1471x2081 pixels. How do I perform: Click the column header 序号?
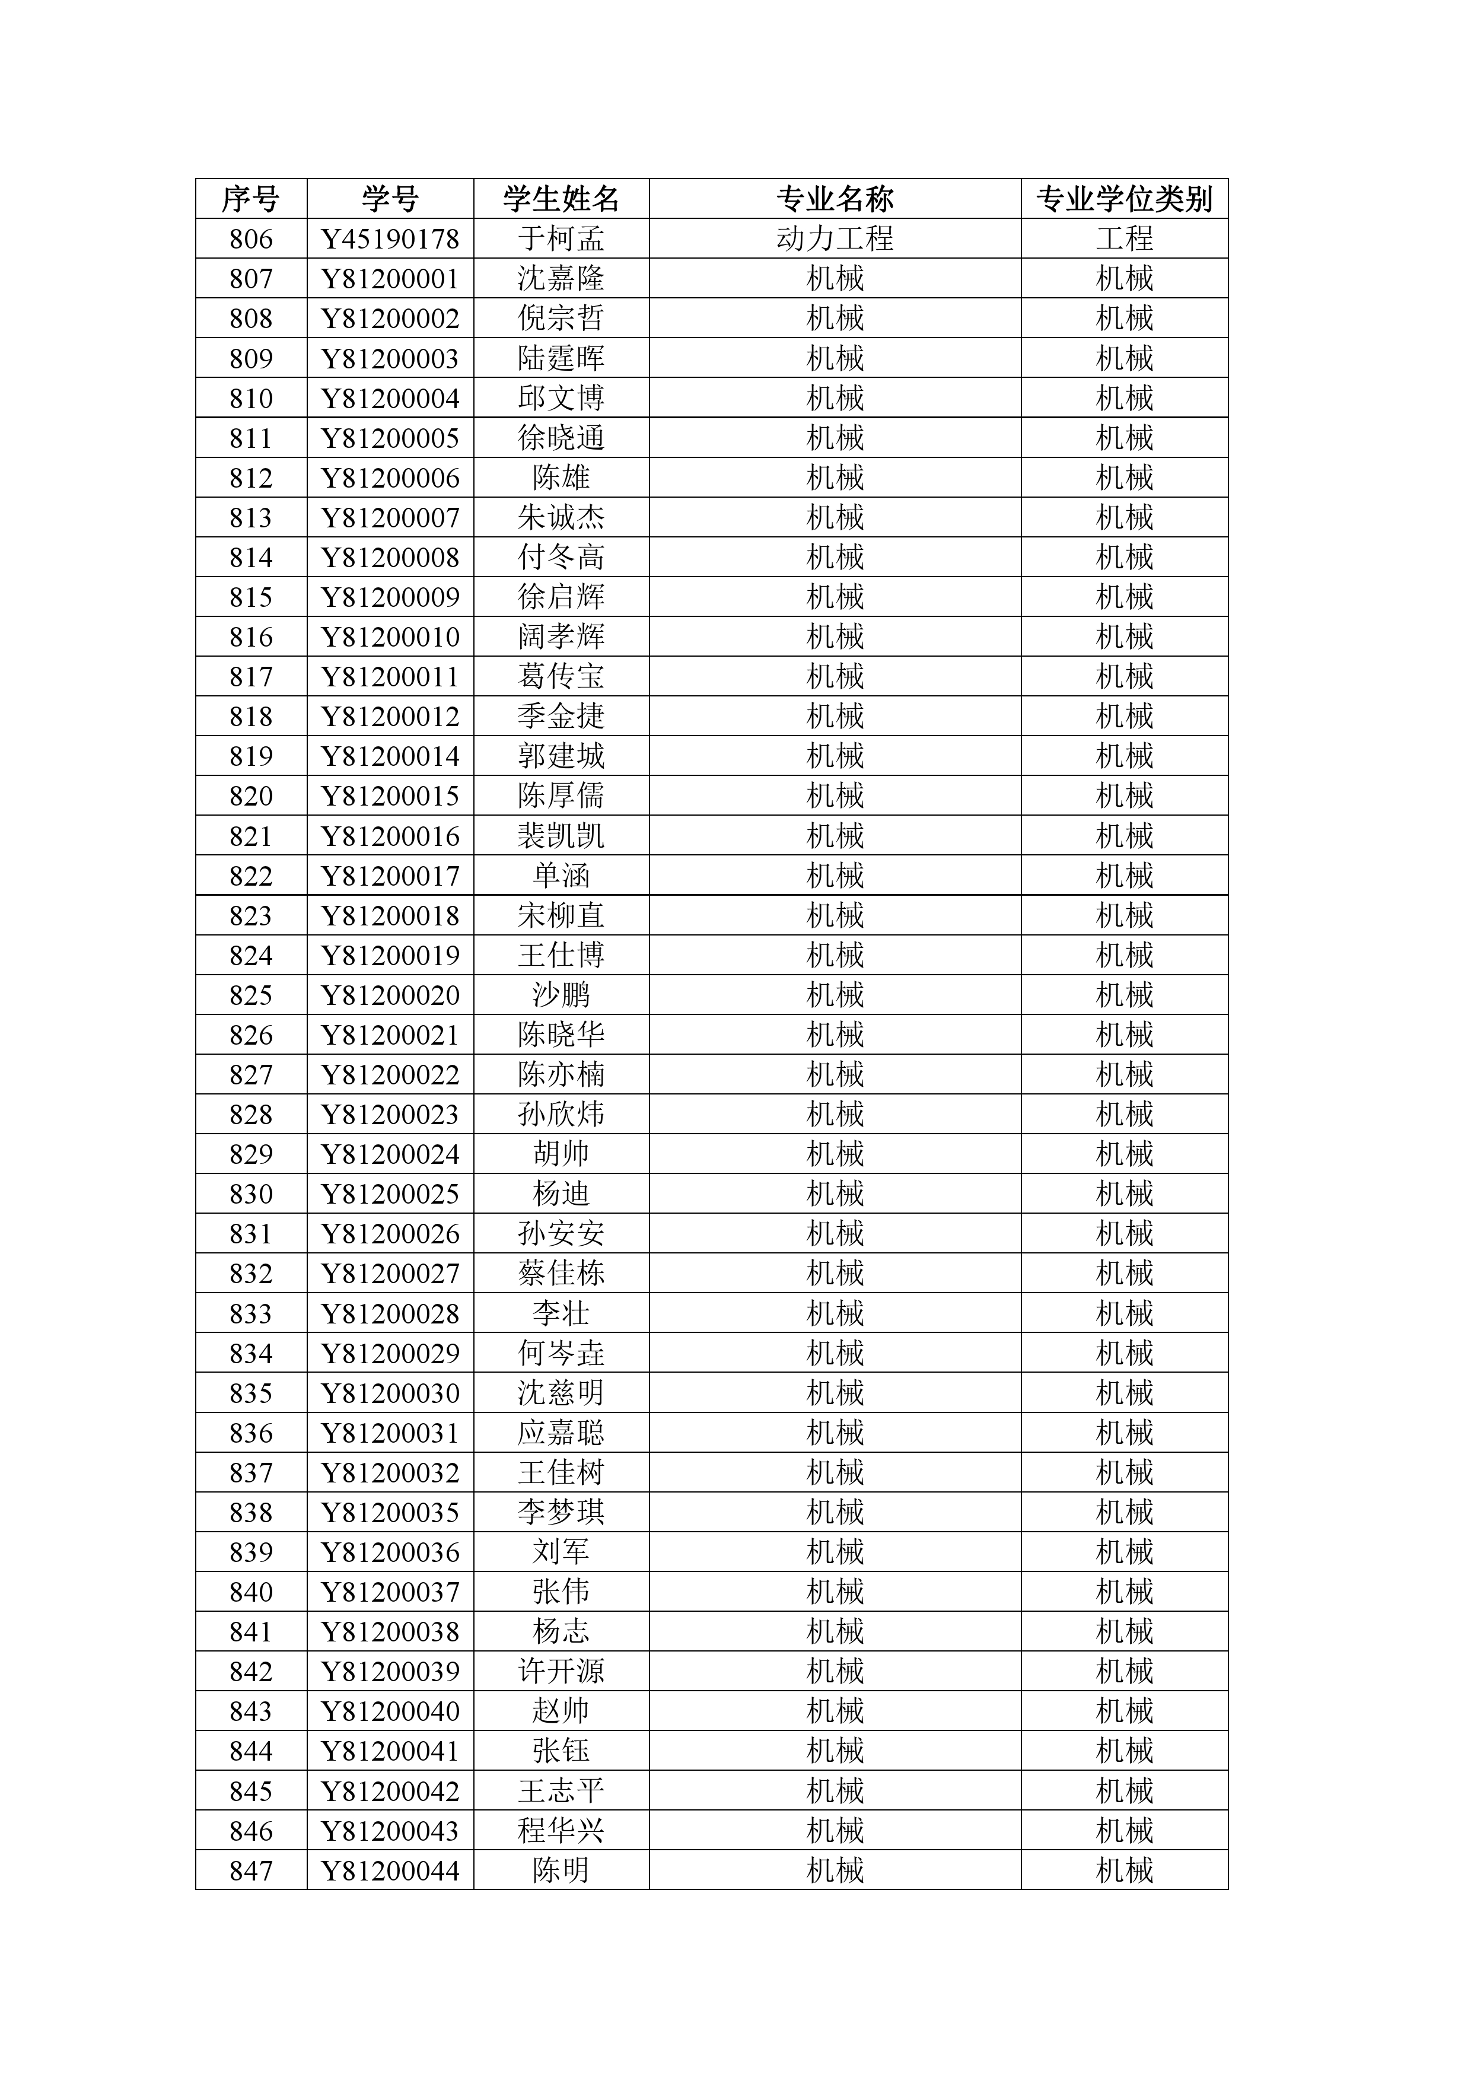[x=250, y=199]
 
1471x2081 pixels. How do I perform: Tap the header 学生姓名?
[x=561, y=199]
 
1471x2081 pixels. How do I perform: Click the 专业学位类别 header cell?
[x=1124, y=199]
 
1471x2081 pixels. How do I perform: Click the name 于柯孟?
[x=561, y=238]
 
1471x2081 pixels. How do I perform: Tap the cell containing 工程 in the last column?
[x=1124, y=238]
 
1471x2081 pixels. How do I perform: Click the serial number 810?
[x=250, y=399]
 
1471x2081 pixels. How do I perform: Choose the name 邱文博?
[x=561, y=398]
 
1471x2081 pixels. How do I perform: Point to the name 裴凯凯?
[x=561, y=836]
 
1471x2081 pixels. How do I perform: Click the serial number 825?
[x=250, y=995]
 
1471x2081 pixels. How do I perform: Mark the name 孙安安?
[x=561, y=1233]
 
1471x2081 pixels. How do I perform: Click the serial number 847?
[x=250, y=1871]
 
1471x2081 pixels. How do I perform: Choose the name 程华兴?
[x=561, y=1831]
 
